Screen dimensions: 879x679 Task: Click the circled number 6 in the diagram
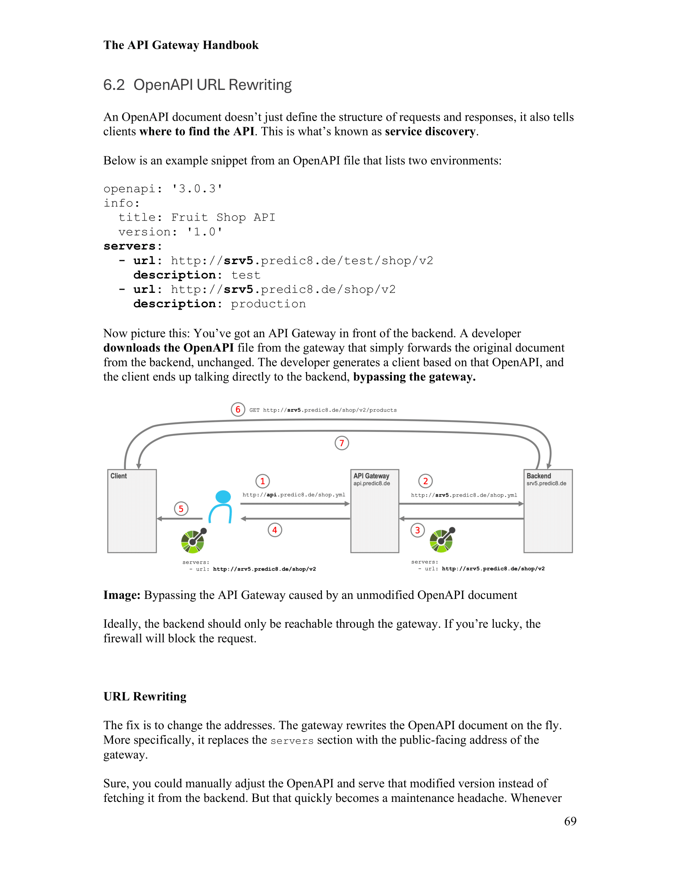(238, 409)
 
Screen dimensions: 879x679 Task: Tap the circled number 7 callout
(341, 443)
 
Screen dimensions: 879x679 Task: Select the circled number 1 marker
(263, 481)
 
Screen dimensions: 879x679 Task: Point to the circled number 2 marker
(426, 481)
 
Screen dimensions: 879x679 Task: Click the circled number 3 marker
(417, 530)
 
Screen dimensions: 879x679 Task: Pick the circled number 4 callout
(275, 530)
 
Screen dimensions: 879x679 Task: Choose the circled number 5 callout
(181, 509)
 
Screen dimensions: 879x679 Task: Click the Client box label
(119, 476)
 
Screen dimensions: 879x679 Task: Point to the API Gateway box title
(371, 476)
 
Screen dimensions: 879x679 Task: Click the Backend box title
(539, 476)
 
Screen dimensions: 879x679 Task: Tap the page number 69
(570, 821)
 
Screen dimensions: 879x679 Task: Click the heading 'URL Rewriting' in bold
(145, 697)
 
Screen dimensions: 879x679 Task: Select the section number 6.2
(114, 85)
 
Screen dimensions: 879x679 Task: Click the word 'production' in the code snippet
(268, 304)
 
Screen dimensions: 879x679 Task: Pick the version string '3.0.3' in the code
(197, 189)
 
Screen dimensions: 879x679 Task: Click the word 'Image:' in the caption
(121, 595)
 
